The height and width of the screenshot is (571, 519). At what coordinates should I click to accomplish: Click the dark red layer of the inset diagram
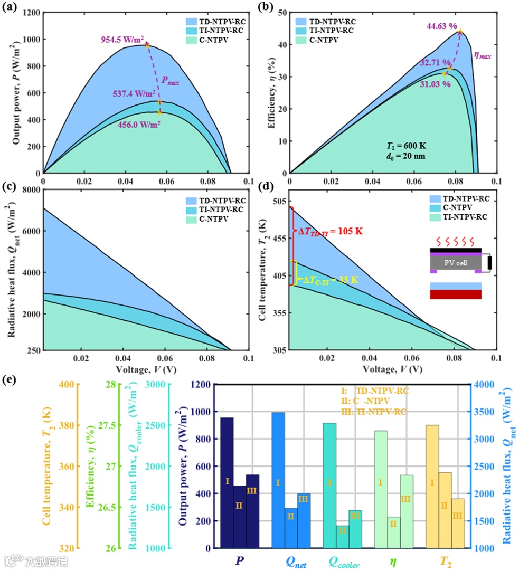pos(456,294)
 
